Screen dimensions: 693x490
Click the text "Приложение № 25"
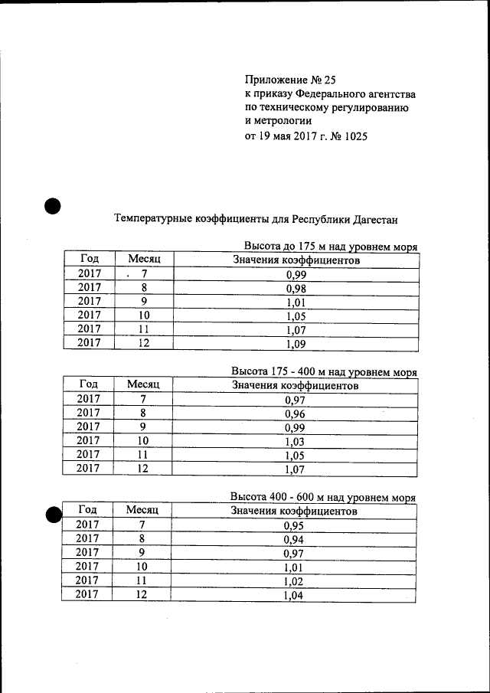click(290, 79)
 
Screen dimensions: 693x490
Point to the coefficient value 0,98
click(296, 289)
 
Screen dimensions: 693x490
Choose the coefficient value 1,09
click(296, 344)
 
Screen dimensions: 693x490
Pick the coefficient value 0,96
click(295, 414)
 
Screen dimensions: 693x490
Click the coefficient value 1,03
click(295, 442)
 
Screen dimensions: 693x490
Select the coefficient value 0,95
click(294, 526)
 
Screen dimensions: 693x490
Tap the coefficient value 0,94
click(294, 540)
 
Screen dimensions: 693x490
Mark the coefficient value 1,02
click(294, 581)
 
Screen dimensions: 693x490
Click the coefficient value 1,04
click(294, 595)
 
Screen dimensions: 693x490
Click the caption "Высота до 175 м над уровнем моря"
click(330, 247)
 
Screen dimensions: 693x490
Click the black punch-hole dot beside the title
click(52, 206)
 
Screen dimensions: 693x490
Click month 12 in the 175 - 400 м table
click(142, 469)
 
